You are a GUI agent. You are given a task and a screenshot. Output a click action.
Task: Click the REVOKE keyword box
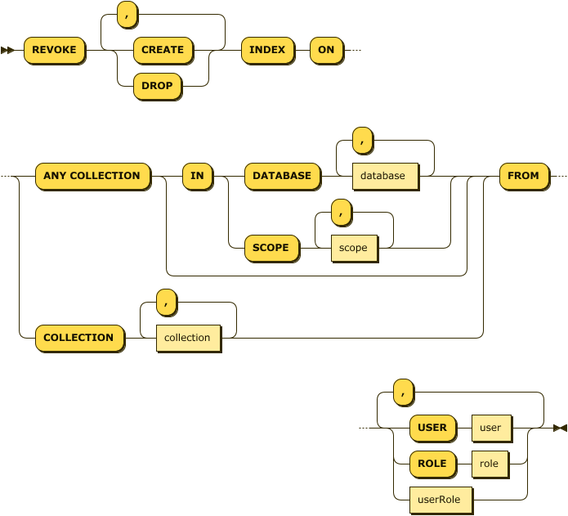click(x=54, y=50)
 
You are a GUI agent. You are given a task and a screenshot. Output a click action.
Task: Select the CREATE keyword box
click(x=163, y=50)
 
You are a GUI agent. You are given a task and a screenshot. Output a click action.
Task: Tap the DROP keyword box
click(x=156, y=85)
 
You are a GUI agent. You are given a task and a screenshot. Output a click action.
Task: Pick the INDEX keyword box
click(x=267, y=50)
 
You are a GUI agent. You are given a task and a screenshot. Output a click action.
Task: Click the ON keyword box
click(x=326, y=50)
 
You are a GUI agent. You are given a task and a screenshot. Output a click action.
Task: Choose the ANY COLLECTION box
click(x=92, y=176)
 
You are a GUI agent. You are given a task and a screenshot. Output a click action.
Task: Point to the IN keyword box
click(x=197, y=176)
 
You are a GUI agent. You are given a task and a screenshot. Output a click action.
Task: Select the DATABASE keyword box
click(x=282, y=176)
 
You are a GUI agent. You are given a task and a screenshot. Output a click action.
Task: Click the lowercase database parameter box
click(x=382, y=176)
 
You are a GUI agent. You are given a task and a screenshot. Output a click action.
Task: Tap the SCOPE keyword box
click(x=271, y=247)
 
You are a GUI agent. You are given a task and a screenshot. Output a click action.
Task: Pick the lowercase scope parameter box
click(x=353, y=248)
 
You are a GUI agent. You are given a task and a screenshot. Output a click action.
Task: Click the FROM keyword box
click(x=523, y=176)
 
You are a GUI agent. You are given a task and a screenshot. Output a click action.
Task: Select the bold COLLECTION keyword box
click(x=78, y=338)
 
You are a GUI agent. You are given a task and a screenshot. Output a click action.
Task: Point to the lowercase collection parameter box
click(x=187, y=338)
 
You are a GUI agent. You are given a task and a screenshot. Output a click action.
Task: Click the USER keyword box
click(x=432, y=428)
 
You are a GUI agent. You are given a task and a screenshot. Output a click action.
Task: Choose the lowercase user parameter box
click(x=490, y=428)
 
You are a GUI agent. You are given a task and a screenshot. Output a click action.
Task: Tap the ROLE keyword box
click(x=432, y=464)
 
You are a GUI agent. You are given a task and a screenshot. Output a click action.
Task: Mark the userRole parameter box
click(x=440, y=499)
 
